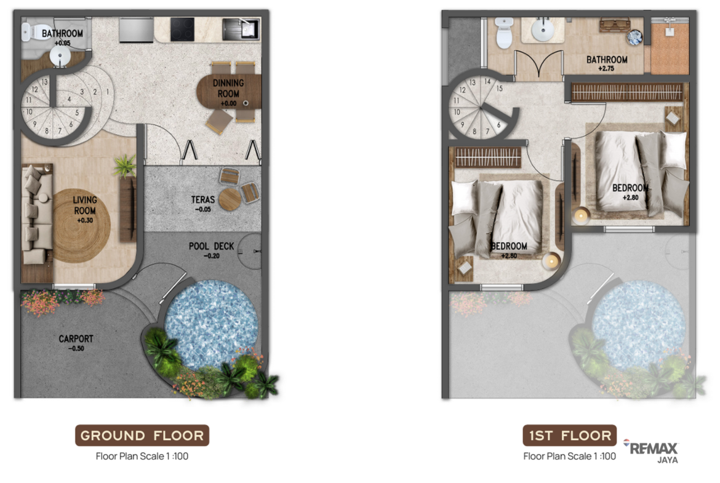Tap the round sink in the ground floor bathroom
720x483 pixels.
click(60, 57)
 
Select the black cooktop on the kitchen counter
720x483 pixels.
click(182, 30)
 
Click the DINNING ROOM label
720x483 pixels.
click(228, 88)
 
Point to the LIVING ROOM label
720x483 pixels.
click(85, 206)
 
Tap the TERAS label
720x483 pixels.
click(203, 200)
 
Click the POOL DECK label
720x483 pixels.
click(211, 246)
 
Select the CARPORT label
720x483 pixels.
click(76, 339)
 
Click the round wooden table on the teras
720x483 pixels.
click(230, 199)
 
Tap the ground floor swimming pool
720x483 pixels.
click(211, 325)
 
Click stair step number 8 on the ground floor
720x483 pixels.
click(46, 131)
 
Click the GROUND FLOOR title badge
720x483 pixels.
click(142, 435)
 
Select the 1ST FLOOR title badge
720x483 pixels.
click(569, 435)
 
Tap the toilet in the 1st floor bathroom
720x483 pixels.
click(504, 33)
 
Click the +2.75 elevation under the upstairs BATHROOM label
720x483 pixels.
click(606, 68)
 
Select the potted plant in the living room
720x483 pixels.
click(125, 166)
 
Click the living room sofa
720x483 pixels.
click(37, 214)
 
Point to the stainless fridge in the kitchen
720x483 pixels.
click(136, 30)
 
